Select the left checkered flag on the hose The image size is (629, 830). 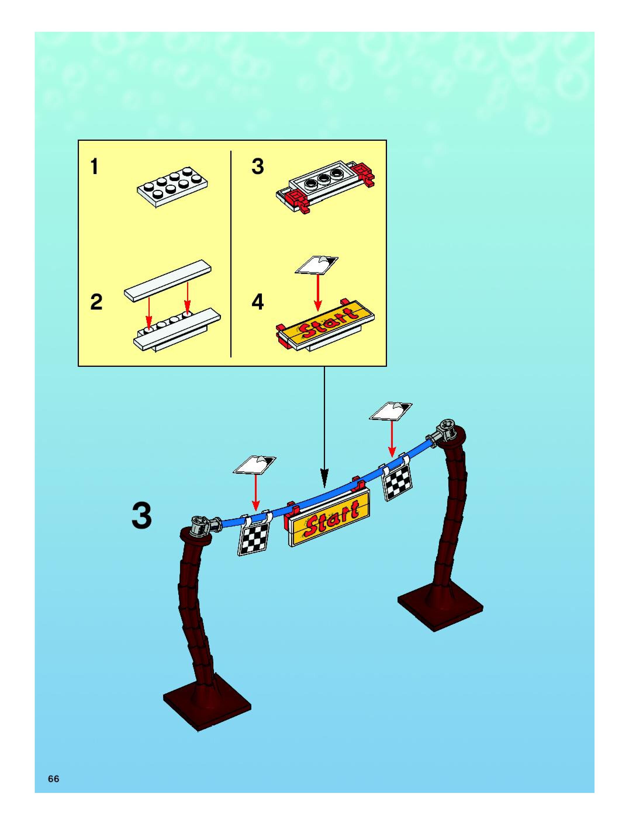point(254,537)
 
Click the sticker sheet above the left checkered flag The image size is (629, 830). point(255,465)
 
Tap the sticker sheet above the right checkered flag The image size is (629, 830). point(390,411)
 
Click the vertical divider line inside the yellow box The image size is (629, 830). point(231,253)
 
